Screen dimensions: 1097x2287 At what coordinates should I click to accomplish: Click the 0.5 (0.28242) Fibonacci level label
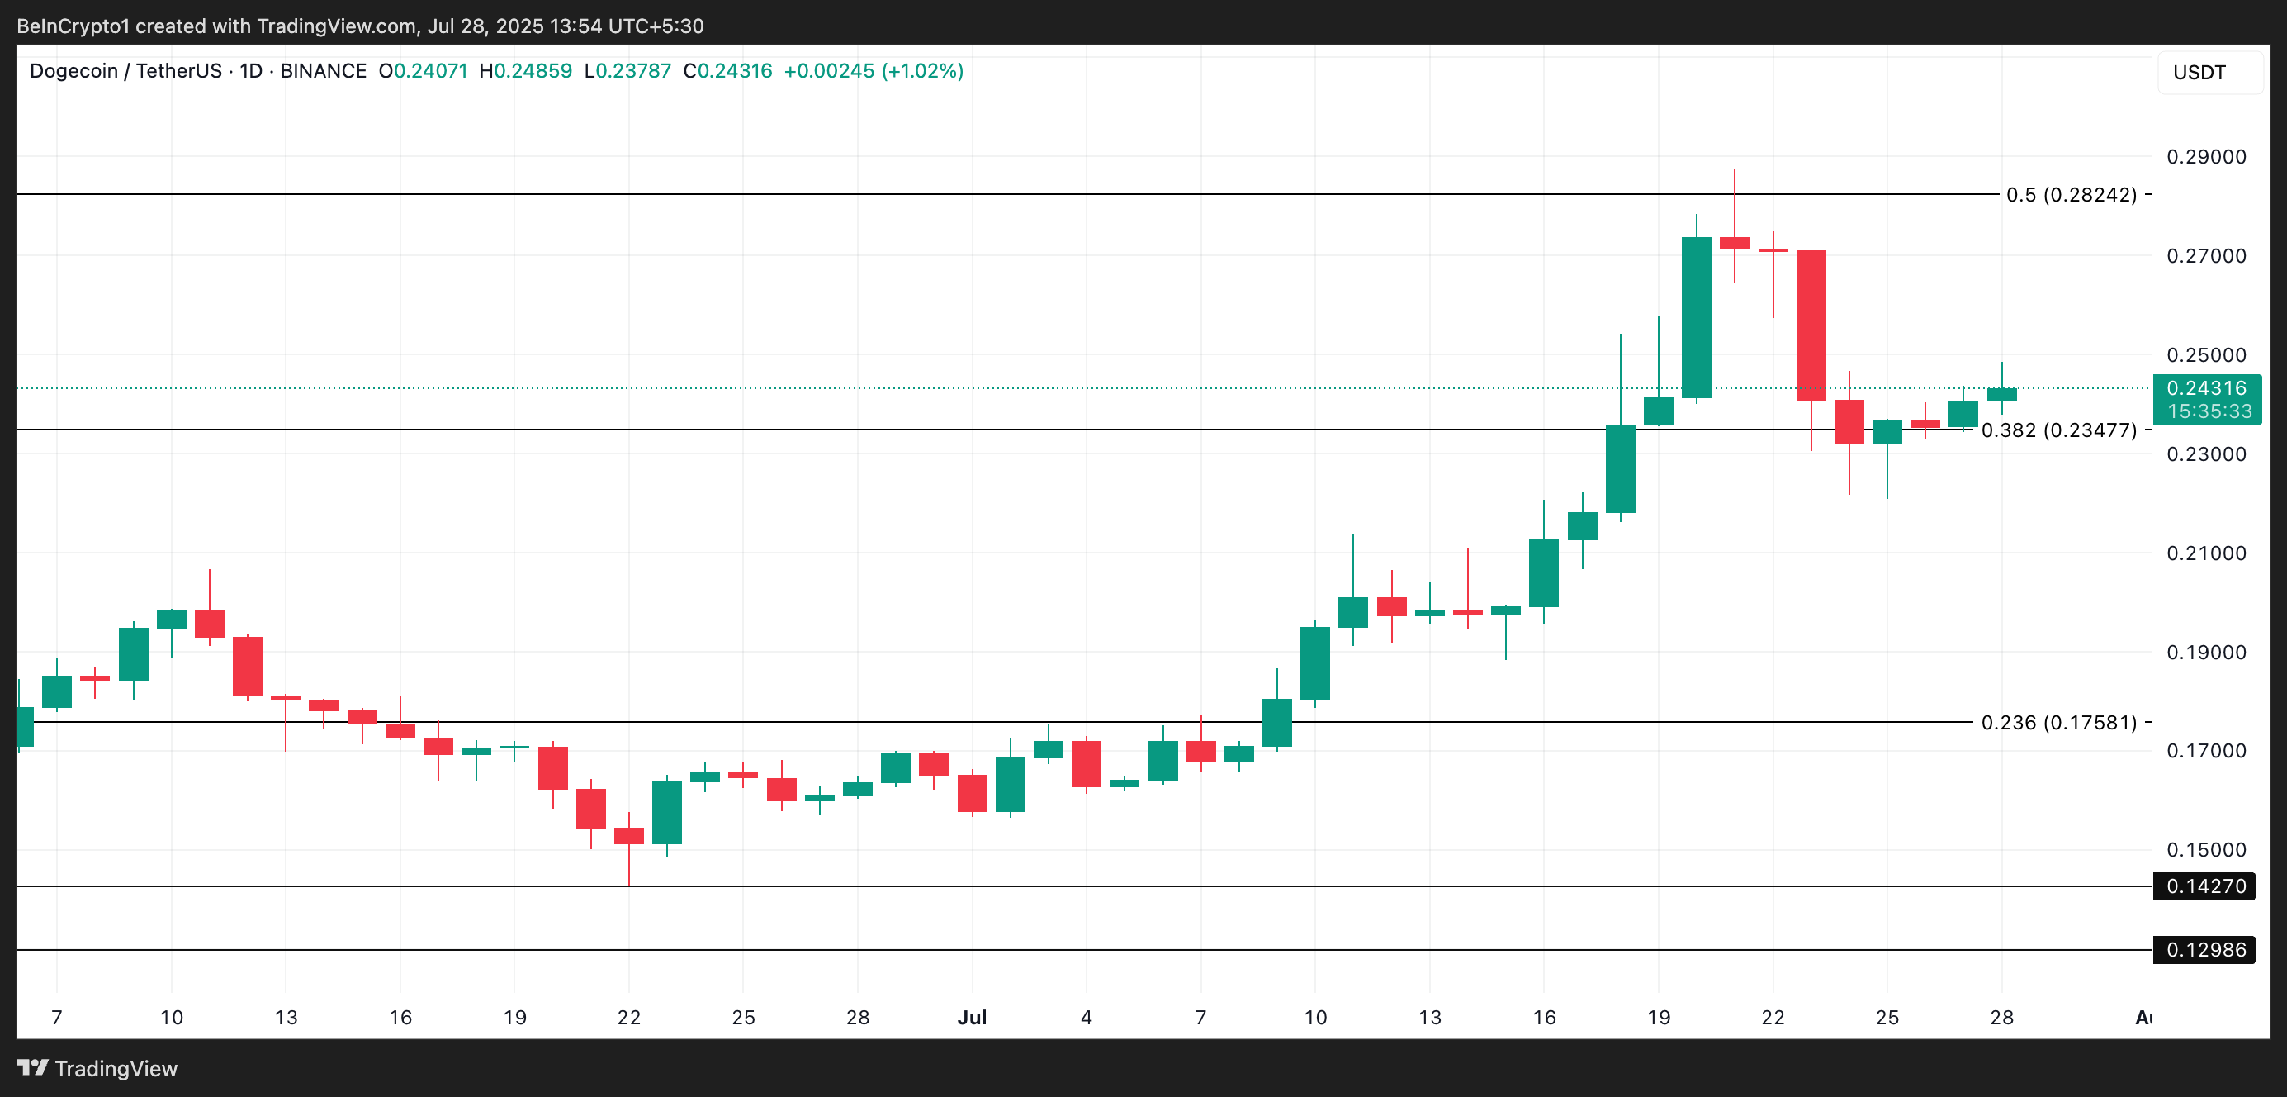coord(2071,194)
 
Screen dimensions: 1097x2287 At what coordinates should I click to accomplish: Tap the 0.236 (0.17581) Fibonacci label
coord(2058,723)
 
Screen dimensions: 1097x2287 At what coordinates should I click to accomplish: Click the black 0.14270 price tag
coord(2205,886)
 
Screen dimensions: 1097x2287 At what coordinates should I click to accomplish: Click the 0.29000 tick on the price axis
coord(2206,157)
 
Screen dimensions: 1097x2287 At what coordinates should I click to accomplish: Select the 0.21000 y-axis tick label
coord(2206,553)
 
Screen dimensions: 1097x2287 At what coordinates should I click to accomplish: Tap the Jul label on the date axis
coord(972,1018)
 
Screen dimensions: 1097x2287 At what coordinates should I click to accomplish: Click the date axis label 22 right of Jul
coord(1773,1018)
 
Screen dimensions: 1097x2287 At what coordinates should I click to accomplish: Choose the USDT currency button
coord(2199,73)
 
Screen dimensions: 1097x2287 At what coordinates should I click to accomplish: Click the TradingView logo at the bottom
coord(97,1069)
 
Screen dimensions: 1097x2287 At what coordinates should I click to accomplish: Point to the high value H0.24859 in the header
coord(526,71)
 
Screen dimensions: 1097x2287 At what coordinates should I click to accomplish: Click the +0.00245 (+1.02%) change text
coord(874,71)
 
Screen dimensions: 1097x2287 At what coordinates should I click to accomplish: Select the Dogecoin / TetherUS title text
coord(125,71)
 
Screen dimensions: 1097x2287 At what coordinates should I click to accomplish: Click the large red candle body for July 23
coord(1811,325)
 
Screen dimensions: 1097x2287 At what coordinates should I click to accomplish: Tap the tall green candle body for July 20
coord(1697,317)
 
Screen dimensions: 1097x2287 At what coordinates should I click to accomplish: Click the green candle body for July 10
coord(1315,663)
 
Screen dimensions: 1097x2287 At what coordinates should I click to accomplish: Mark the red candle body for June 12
coord(248,666)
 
